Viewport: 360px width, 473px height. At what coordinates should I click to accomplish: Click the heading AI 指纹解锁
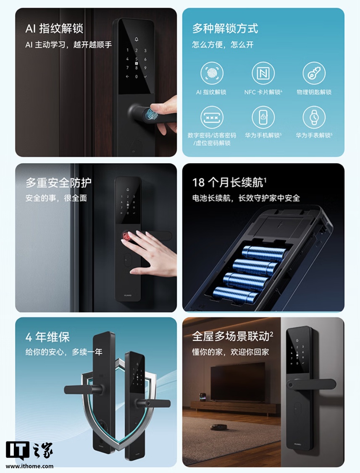54,29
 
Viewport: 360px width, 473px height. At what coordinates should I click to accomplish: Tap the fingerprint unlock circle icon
212,73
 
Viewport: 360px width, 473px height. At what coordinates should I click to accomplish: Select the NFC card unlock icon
263,73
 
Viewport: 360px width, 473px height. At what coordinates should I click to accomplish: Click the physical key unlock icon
314,73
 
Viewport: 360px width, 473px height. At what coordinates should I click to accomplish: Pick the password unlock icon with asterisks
212,117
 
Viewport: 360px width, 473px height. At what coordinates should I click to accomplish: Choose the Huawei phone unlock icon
263,117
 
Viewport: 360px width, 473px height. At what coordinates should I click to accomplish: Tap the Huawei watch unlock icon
314,117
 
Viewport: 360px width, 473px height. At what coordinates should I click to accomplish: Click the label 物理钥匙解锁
314,92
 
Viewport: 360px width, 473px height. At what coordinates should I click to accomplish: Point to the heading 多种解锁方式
225,29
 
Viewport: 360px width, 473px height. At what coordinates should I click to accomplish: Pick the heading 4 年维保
47,337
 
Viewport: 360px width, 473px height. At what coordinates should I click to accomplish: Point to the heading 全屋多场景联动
232,337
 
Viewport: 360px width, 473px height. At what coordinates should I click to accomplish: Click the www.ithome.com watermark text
29,466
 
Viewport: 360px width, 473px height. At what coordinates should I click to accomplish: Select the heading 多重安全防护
58,183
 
